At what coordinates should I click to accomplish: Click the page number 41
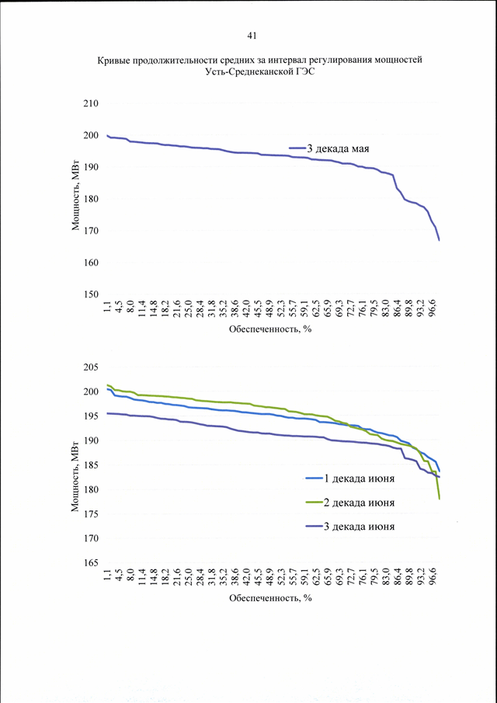pos(252,37)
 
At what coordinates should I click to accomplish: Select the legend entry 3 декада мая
pos(329,148)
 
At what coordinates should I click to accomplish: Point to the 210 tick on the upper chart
pos(91,103)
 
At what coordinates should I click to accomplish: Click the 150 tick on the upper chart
pos(91,294)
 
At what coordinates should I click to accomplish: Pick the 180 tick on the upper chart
pos(91,199)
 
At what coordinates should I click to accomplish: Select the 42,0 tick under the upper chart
pos(246,309)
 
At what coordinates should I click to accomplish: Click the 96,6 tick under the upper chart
pos(433,309)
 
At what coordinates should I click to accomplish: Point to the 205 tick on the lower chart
pos(91,367)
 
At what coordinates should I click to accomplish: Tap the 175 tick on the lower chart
pos(91,514)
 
